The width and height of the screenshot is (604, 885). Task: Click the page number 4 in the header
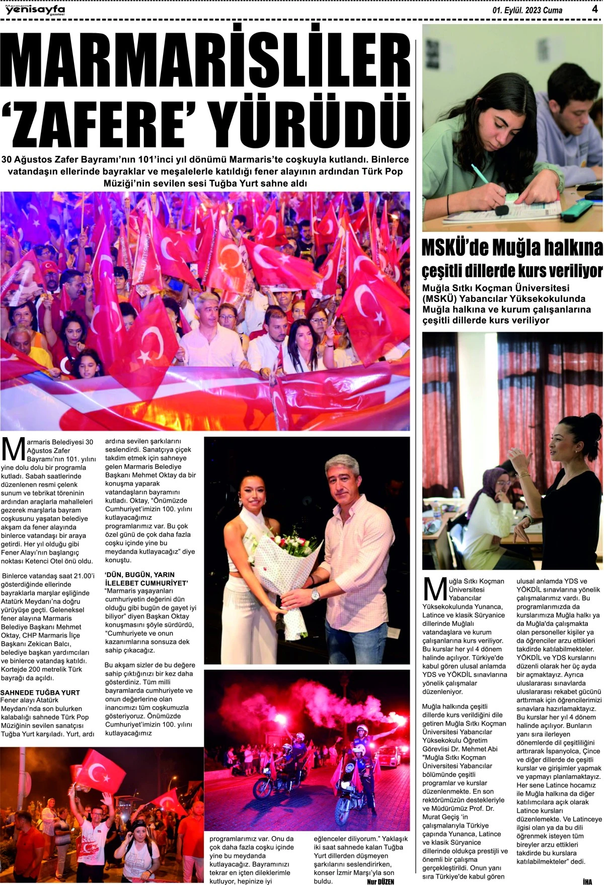[594, 9]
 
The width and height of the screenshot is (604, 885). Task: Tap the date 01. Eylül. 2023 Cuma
[527, 10]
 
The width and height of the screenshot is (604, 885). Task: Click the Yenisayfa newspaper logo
[35, 10]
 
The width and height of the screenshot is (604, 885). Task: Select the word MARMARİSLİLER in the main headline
[205, 61]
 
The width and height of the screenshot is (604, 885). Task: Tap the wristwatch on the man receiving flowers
[316, 594]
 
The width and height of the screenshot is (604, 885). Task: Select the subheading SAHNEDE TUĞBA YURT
[40, 692]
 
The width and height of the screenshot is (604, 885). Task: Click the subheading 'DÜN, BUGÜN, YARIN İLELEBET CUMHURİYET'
[146, 579]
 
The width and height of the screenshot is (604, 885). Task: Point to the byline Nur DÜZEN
[381, 881]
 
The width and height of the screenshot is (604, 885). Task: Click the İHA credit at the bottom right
[587, 881]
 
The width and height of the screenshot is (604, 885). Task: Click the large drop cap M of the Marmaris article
[13, 449]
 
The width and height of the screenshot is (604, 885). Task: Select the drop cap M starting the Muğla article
[435, 589]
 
